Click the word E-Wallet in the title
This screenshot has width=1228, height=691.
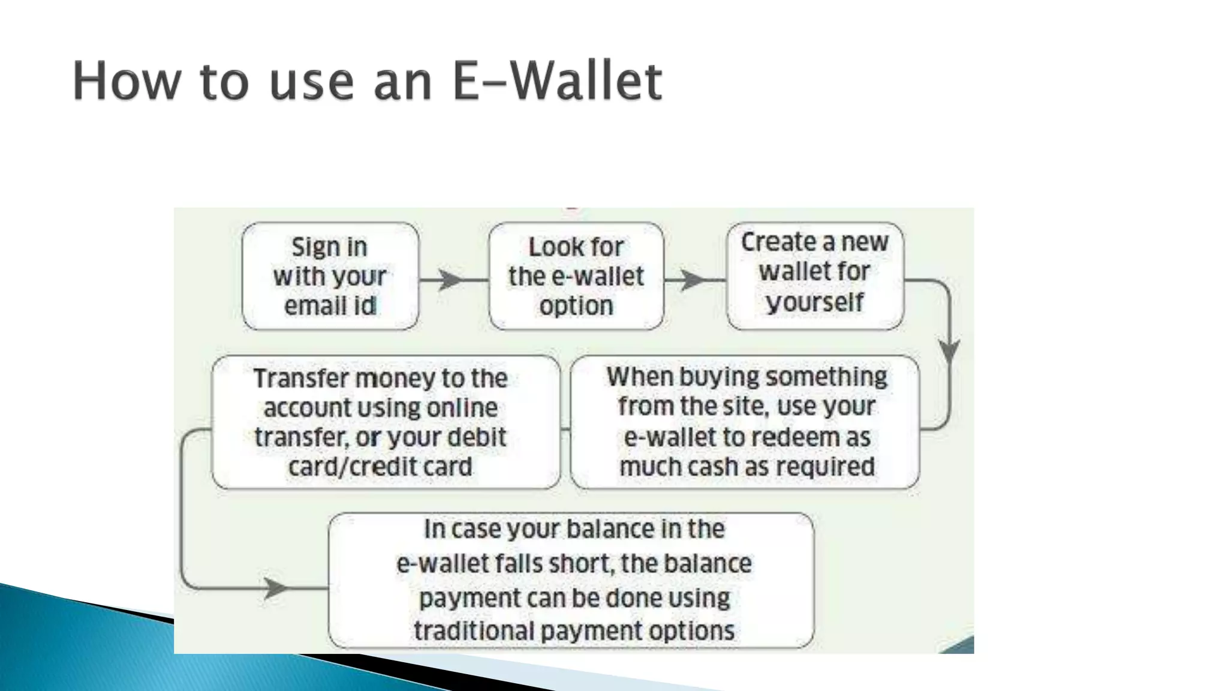tap(556, 81)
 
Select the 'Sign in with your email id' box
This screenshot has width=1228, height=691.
tap(330, 277)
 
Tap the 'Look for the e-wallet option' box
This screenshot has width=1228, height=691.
tap(576, 277)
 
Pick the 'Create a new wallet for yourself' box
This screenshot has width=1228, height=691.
tap(814, 275)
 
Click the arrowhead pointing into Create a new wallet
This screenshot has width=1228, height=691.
tap(694, 280)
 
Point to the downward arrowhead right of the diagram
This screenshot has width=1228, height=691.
tap(949, 350)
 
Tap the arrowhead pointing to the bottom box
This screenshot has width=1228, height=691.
tap(275, 588)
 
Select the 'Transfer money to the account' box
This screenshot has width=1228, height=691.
tap(386, 422)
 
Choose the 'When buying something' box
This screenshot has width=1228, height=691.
tap(745, 422)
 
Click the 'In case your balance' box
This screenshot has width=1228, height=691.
tap(571, 580)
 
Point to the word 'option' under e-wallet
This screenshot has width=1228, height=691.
tap(576, 306)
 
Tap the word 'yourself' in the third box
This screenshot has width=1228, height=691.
tap(814, 302)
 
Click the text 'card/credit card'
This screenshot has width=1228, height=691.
tap(380, 467)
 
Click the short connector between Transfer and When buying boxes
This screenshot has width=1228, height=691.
tap(565, 429)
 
